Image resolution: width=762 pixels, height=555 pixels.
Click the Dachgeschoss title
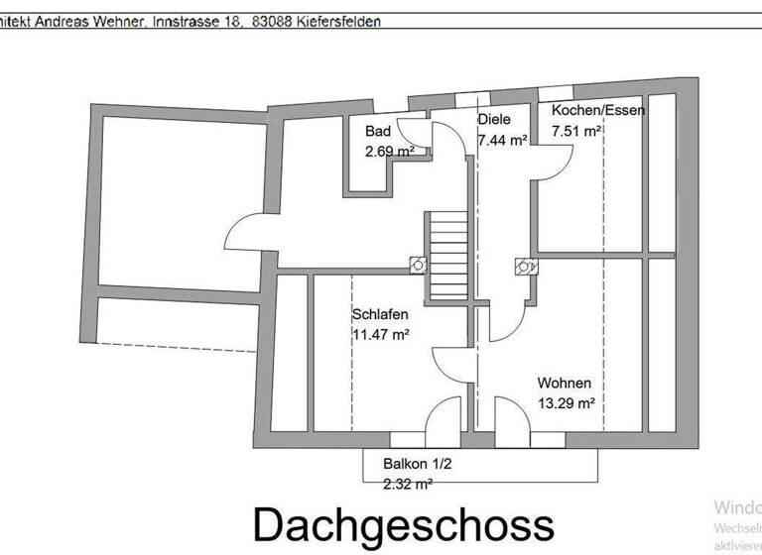402,525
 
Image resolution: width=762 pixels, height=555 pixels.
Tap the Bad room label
377,132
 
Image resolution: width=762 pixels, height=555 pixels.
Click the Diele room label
494,120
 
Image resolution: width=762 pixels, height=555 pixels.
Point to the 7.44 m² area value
502,140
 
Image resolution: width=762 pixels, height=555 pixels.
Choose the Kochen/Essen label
598,110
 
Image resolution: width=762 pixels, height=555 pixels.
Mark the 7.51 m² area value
576,130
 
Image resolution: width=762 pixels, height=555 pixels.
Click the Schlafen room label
380,314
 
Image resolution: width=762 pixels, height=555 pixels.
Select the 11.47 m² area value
381,334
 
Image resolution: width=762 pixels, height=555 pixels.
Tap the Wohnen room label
565,384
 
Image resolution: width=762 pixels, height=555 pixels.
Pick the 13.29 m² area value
566,403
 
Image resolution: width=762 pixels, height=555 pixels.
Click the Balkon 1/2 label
418,463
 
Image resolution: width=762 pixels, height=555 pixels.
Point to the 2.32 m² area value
408,483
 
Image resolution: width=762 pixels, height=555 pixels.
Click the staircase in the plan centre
446,256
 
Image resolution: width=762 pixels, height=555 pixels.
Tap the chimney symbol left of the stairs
418,265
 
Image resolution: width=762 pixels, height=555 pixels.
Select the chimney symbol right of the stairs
522,265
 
